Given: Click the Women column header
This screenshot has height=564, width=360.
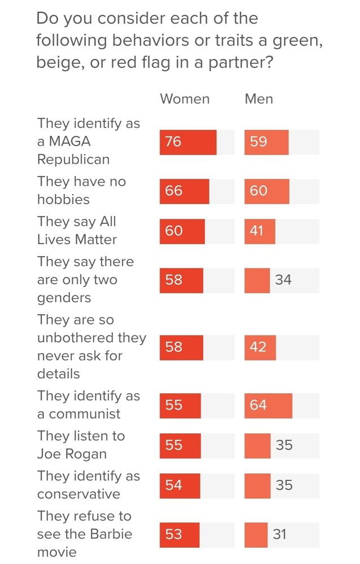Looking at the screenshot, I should [x=185, y=99].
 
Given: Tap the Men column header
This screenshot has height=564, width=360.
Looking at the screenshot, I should [x=258, y=99].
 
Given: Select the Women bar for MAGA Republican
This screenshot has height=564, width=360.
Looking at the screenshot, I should [x=188, y=142].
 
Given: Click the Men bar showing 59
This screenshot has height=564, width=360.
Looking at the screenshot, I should [x=266, y=142].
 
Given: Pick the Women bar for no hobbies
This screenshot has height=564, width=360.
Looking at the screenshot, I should [x=184, y=191].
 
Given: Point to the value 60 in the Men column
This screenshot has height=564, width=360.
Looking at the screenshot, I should [x=258, y=191].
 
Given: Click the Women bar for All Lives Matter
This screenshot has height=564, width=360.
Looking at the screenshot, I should [x=182, y=231].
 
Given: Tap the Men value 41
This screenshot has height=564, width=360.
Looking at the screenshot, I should [x=257, y=231].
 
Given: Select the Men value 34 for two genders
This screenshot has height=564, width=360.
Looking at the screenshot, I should [x=283, y=280].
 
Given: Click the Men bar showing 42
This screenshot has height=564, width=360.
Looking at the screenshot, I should [x=260, y=347].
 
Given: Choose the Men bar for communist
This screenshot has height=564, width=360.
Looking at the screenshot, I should [x=268, y=406].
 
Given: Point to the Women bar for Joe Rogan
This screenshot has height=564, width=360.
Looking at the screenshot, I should [x=180, y=446].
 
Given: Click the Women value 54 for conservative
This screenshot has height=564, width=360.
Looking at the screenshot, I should [x=174, y=486].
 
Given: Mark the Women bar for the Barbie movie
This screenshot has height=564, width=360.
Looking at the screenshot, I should [x=179, y=534].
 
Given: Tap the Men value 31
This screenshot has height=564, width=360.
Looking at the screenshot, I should [x=280, y=534].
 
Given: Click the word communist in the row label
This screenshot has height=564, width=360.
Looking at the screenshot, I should [x=85, y=414].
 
